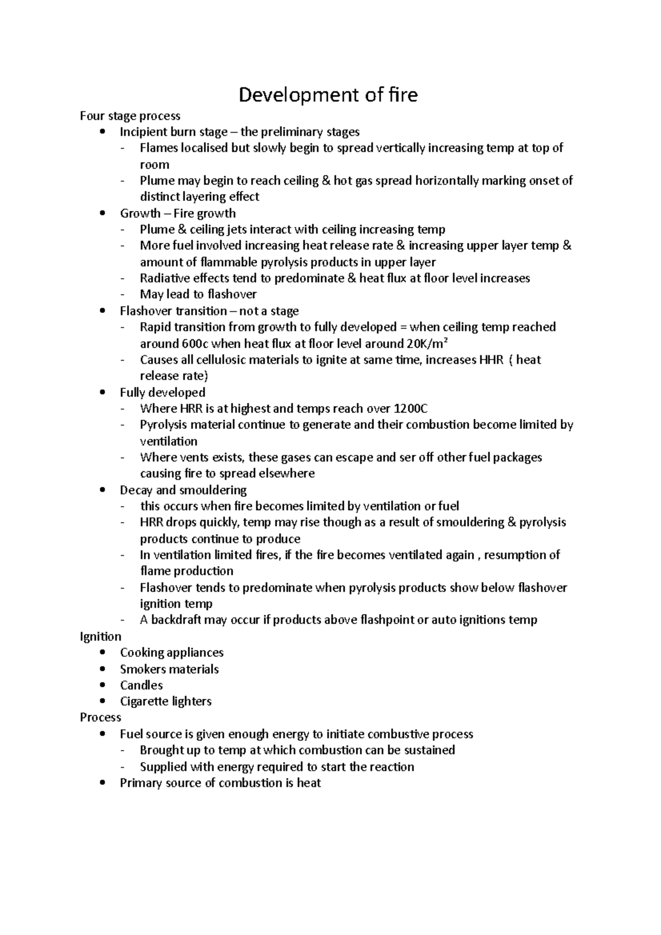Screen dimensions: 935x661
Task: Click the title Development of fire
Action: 328,95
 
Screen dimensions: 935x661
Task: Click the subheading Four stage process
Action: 130,116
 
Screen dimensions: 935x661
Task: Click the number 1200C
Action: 410,409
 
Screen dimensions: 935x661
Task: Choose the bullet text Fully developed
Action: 162,393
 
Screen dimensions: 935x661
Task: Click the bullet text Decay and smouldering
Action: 183,490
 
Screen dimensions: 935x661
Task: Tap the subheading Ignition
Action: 100,637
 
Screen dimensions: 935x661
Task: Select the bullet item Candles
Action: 141,686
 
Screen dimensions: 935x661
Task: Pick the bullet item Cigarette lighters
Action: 165,702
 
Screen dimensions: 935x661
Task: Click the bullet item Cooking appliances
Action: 171,653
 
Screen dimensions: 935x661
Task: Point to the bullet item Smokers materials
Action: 169,669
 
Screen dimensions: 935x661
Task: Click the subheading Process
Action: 100,717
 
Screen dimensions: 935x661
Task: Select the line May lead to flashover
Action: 198,295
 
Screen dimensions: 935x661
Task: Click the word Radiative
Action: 164,278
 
